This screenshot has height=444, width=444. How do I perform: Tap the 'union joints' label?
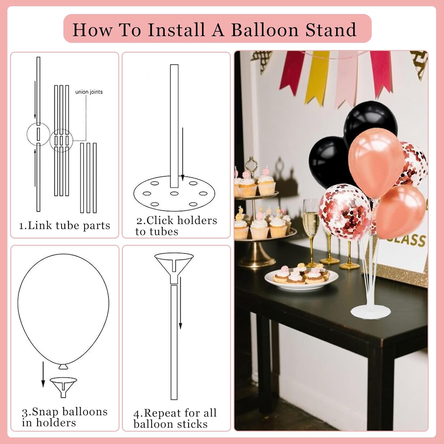(89, 92)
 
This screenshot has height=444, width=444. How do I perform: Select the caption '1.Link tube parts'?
(65, 226)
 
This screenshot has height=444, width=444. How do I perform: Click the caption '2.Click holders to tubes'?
(176, 226)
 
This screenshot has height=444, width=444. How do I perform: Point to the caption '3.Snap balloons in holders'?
(65, 417)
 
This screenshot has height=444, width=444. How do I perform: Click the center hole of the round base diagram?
(174, 193)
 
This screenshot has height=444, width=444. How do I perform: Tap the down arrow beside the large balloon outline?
(43, 374)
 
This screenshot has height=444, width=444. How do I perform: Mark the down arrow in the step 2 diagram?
(183, 154)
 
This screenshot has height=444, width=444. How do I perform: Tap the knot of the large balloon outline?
(63, 366)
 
